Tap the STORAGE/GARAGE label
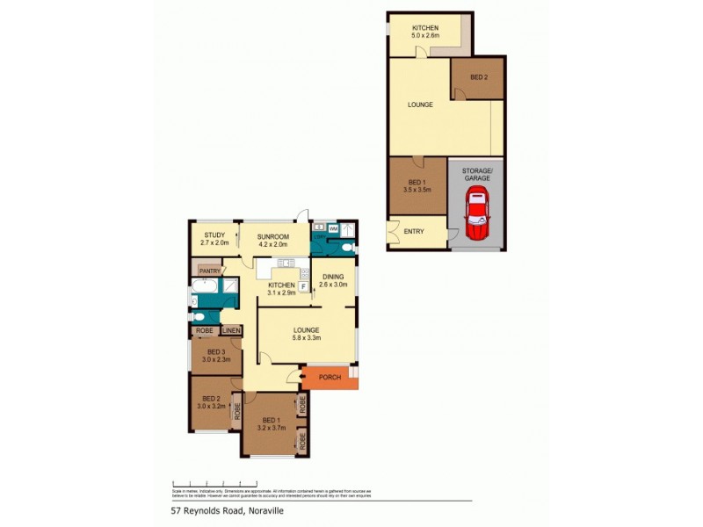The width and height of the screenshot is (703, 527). click(x=477, y=173)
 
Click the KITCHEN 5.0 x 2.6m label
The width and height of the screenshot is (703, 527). click(x=425, y=32)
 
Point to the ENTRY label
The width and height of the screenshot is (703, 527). click(x=414, y=232)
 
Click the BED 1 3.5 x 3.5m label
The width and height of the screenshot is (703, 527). click(x=418, y=184)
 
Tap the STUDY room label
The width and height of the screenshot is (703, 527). click(x=215, y=239)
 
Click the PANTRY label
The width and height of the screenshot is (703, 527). click(x=209, y=271)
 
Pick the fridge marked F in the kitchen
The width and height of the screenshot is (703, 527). click(x=303, y=286)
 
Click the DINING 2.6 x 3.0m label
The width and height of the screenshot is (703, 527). click(x=333, y=280)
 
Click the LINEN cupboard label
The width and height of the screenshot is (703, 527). click(x=231, y=330)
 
